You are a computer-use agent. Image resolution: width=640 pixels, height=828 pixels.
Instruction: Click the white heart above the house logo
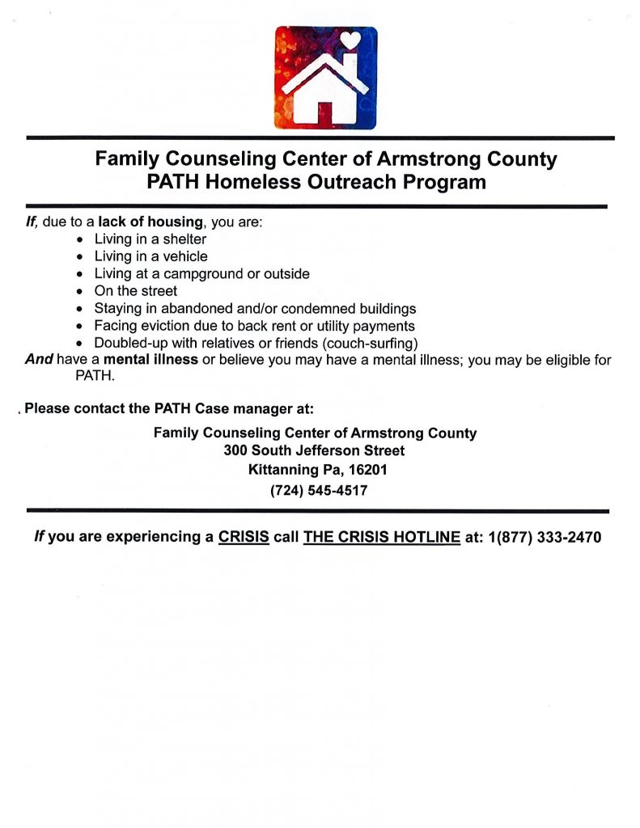[x=350, y=38]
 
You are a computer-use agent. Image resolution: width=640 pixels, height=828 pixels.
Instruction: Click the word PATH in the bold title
[x=173, y=182]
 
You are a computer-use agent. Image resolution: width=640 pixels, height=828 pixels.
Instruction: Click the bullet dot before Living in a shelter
[x=79, y=240]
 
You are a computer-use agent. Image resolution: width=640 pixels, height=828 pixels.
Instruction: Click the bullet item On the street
[x=135, y=291]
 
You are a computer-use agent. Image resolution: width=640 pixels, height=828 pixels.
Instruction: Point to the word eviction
[x=173, y=326]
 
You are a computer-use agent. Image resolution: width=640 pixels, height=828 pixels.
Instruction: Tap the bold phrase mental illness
[x=150, y=360]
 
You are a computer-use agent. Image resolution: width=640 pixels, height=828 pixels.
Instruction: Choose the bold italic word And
[x=39, y=360]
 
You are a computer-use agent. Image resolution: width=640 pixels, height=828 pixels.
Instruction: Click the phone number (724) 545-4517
[x=319, y=490]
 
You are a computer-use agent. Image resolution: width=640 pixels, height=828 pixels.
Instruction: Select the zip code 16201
[x=369, y=470]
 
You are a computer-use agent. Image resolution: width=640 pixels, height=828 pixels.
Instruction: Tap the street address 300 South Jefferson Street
[x=315, y=450]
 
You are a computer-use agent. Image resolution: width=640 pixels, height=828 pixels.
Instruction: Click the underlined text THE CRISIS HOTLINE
[x=376, y=537]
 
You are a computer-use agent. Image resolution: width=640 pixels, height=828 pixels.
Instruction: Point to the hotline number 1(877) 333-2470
[x=545, y=537]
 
